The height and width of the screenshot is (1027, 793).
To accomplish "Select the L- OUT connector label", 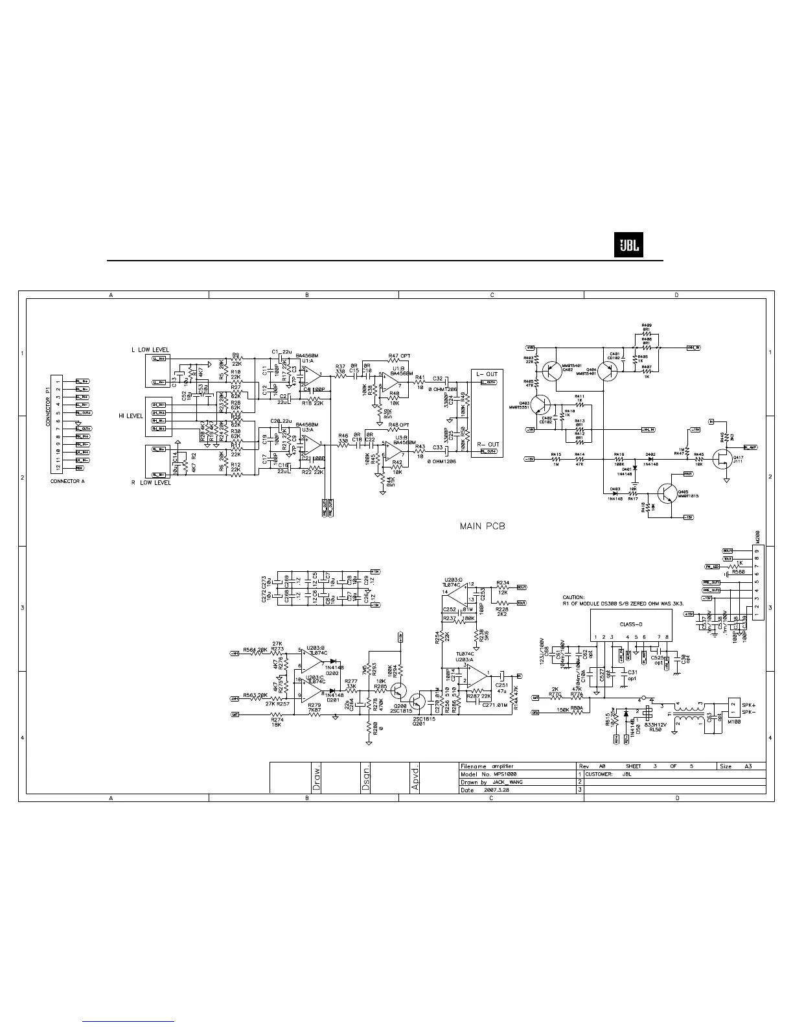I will coord(487,374).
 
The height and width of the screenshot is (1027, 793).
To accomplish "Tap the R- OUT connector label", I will coord(487,445).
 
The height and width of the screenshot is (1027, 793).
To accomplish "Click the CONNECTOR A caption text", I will coord(67,481).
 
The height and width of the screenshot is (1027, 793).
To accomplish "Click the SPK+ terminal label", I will coord(749,704).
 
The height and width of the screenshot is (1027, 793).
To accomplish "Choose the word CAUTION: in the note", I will coord(573,597).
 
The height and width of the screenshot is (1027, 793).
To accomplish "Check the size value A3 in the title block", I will coord(747,766).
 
